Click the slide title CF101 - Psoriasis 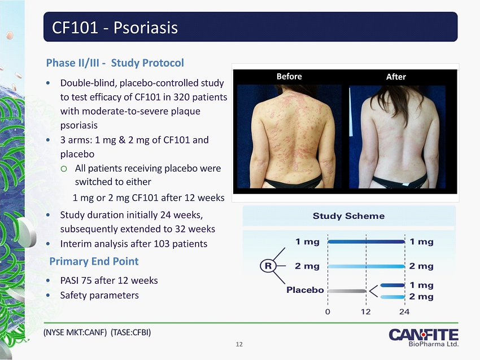tap(115, 28)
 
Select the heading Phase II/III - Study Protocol tap(115, 63)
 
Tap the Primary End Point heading tap(94, 261)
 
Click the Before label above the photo tap(289, 76)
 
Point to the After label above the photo tap(396, 77)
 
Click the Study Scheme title tap(348, 216)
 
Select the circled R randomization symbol tap(268, 266)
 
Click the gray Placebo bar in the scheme tap(347, 291)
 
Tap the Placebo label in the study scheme tap(305, 289)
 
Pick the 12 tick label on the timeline tap(366, 311)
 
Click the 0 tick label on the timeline tap(328, 311)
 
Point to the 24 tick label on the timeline tap(404, 311)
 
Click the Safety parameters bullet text tap(99, 295)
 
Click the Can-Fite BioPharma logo tap(424, 337)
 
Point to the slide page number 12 tap(239, 344)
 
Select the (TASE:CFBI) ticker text tap(130, 332)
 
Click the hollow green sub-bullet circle tap(64, 169)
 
